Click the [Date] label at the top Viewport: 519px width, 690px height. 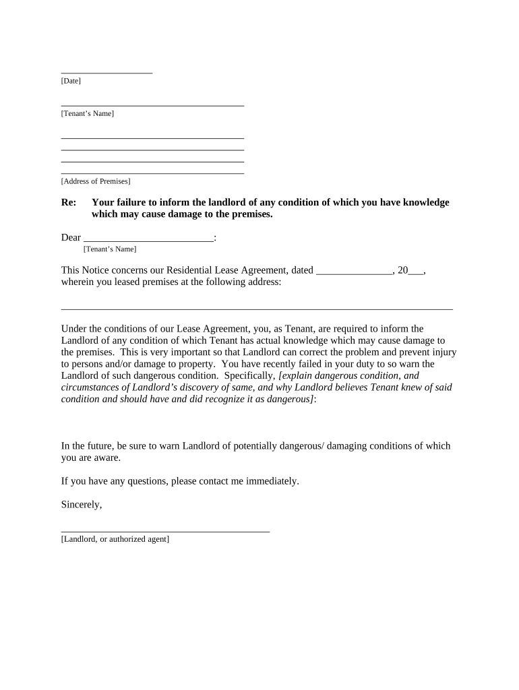coord(71,81)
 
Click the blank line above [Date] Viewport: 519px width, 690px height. coord(106,72)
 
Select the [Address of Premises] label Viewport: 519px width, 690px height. coord(96,181)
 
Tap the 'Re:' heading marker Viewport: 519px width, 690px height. coord(68,202)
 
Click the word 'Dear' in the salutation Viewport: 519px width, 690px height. coord(71,237)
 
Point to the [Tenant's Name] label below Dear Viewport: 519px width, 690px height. coord(110,249)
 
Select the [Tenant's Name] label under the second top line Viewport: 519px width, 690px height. coord(88,113)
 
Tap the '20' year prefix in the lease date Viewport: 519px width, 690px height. coord(403,270)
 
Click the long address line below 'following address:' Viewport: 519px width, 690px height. coord(257,309)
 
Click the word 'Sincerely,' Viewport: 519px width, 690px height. coord(82,504)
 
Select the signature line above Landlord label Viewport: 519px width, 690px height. coord(165,532)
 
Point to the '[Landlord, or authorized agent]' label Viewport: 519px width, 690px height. coord(115,539)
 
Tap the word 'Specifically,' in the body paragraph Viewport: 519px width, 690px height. coord(249,375)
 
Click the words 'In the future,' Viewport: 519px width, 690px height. coord(88,445)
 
